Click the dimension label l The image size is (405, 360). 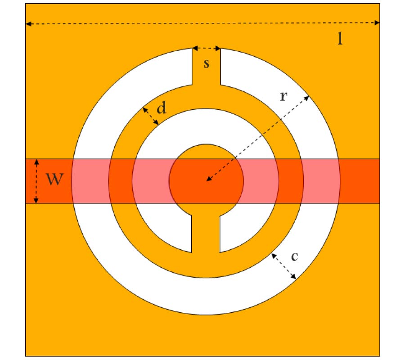(x=340, y=39)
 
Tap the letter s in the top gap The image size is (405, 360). (x=207, y=63)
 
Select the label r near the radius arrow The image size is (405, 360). (x=283, y=96)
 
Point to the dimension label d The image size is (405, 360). (x=162, y=108)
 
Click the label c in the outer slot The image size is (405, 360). (x=294, y=256)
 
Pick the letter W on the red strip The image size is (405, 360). (x=54, y=179)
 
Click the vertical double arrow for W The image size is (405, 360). (x=36, y=181)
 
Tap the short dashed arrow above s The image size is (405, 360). (x=207, y=48)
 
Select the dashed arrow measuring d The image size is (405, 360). (x=151, y=116)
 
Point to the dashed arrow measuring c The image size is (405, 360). (x=283, y=266)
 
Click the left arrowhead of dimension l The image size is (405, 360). (x=28, y=24)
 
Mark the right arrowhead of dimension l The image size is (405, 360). (x=377, y=23)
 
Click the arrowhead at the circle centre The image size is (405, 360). (x=209, y=179)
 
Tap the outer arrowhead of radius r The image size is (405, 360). (x=306, y=98)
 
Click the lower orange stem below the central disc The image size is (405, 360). (x=206, y=234)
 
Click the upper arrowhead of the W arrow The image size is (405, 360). (x=37, y=162)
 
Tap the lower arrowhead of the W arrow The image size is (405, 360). (x=36, y=200)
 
